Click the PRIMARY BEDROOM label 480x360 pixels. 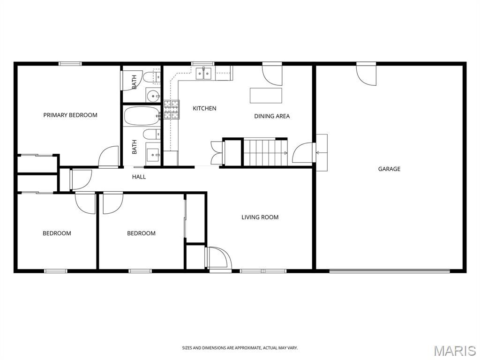coord(70,115)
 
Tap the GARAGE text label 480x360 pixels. coord(389,169)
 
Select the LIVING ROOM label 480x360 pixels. coord(260,217)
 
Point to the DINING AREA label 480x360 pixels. coord(272,116)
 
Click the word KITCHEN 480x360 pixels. coord(204,108)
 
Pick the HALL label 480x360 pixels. coord(139,177)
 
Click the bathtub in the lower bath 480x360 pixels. coord(142,116)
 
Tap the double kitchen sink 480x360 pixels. coord(204,74)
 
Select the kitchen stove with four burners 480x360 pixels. coord(172,110)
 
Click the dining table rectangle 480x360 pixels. coord(266,96)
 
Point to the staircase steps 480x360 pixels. coord(265,152)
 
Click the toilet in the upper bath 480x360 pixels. coord(152,77)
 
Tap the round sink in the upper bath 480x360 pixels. coord(153,96)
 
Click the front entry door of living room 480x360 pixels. coord(218,259)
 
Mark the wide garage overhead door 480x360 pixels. coord(390,271)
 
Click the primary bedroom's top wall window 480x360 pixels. coord(70,64)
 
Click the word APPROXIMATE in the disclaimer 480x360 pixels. coord(247,348)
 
